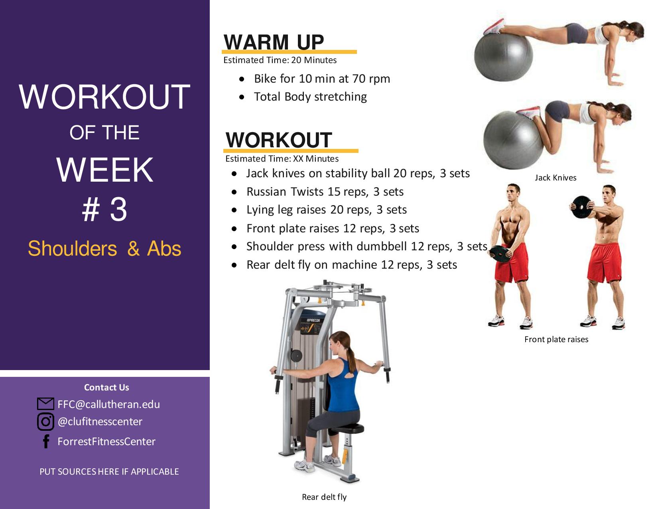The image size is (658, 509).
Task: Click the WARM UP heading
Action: pos(274,42)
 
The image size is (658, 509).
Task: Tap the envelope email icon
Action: pos(45,404)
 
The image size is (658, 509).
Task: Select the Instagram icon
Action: pos(45,422)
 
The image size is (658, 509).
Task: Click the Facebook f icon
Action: pos(46,442)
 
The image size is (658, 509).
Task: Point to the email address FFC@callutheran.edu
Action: pos(109,404)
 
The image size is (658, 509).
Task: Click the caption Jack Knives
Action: pos(556,178)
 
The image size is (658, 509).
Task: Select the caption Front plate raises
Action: pos(556,339)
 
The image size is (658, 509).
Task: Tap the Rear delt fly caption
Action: pos(324,497)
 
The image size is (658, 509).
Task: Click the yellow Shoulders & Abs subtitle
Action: pos(104,249)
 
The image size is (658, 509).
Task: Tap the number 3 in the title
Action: pos(118,209)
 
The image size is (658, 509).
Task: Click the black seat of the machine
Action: pos(348,428)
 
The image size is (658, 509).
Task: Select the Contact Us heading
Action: pos(106,387)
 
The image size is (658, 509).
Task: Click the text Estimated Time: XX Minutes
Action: pos(282,158)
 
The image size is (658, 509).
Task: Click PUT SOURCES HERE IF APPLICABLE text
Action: pos(109,472)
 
